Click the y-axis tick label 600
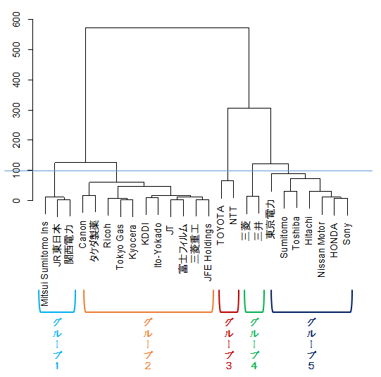tap(16, 19)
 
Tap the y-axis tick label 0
tap(16, 201)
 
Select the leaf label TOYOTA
tap(220, 225)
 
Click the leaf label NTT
tap(233, 216)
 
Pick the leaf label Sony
tap(346, 233)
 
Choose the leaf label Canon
tap(82, 235)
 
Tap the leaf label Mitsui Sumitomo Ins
tap(44, 264)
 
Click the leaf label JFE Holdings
tap(208, 252)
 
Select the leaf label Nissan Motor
tap(321, 249)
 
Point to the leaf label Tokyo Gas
tap(120, 247)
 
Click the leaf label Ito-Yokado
tap(158, 245)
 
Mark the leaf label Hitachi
tap(308, 230)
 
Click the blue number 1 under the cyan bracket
tap(57, 366)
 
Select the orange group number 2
tap(148, 366)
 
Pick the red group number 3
tap(229, 366)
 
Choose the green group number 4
tap(254, 366)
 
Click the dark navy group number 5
tap(311, 366)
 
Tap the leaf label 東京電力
tap(270, 219)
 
